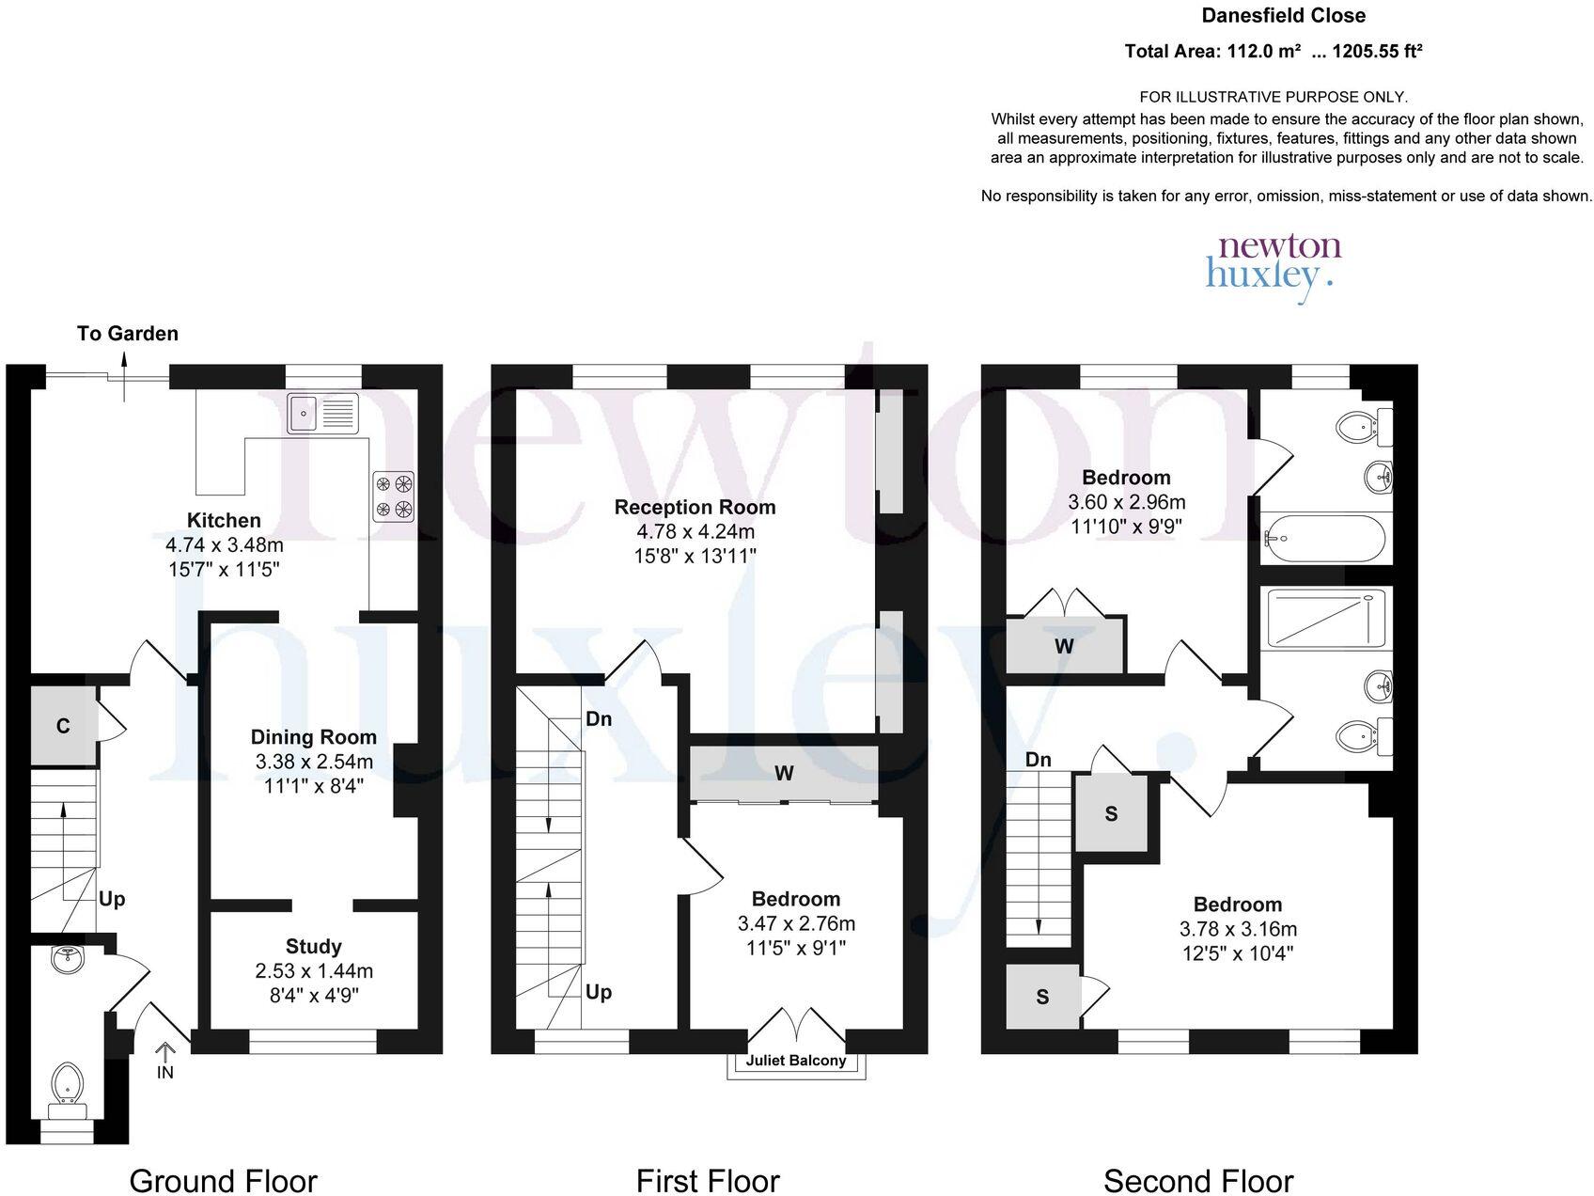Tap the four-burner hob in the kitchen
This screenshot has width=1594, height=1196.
(x=394, y=496)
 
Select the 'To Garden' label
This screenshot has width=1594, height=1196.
(x=128, y=333)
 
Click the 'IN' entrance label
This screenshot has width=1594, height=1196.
(x=165, y=1072)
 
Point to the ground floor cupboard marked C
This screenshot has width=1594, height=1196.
(x=63, y=726)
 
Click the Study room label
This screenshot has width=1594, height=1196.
(x=313, y=947)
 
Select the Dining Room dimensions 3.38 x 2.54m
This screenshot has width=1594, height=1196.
(x=313, y=762)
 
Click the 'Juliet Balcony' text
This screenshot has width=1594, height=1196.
(x=796, y=1061)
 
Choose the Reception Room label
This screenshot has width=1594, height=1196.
(x=695, y=507)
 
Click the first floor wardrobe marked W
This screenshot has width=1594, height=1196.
(x=784, y=774)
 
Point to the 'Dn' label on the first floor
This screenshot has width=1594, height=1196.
(x=599, y=719)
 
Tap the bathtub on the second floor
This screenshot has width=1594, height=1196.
(x=1325, y=538)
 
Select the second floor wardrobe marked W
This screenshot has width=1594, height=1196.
(x=1065, y=646)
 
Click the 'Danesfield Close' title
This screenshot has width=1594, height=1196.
(x=1284, y=15)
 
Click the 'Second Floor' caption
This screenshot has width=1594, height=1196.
(x=1198, y=1181)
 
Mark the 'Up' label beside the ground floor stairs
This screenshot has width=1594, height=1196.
(x=112, y=900)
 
